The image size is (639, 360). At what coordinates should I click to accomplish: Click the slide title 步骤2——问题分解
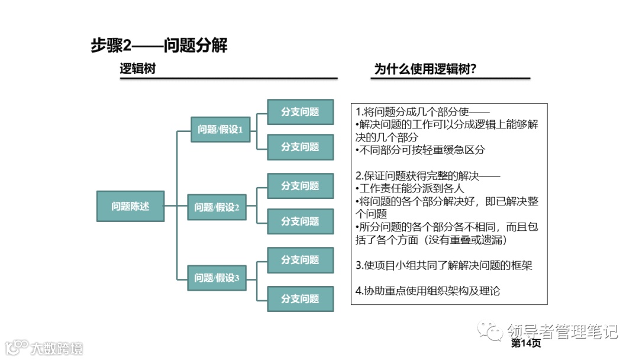click(159, 46)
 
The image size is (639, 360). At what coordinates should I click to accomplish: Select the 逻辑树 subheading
click(138, 69)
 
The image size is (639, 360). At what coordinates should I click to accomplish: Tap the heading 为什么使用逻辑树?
click(425, 69)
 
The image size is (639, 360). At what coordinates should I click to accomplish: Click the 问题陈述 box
click(130, 206)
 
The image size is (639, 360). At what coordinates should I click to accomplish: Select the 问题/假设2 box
click(217, 207)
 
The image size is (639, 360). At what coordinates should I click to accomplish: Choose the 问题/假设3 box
click(217, 278)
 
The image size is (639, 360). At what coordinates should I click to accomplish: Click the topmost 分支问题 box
click(300, 112)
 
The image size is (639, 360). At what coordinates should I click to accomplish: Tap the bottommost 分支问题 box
click(300, 298)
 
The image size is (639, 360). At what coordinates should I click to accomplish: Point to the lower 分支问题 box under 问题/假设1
click(300, 147)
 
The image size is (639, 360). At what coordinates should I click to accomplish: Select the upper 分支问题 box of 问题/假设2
click(300, 186)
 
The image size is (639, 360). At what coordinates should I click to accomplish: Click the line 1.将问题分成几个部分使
click(422, 112)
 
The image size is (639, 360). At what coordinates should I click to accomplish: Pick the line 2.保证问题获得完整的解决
click(428, 176)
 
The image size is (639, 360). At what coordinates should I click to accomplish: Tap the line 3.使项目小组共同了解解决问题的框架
click(444, 265)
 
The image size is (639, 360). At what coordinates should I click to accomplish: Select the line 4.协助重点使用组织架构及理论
click(428, 291)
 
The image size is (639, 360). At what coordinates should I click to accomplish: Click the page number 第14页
click(525, 343)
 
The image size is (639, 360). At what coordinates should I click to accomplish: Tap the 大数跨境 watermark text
click(57, 348)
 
